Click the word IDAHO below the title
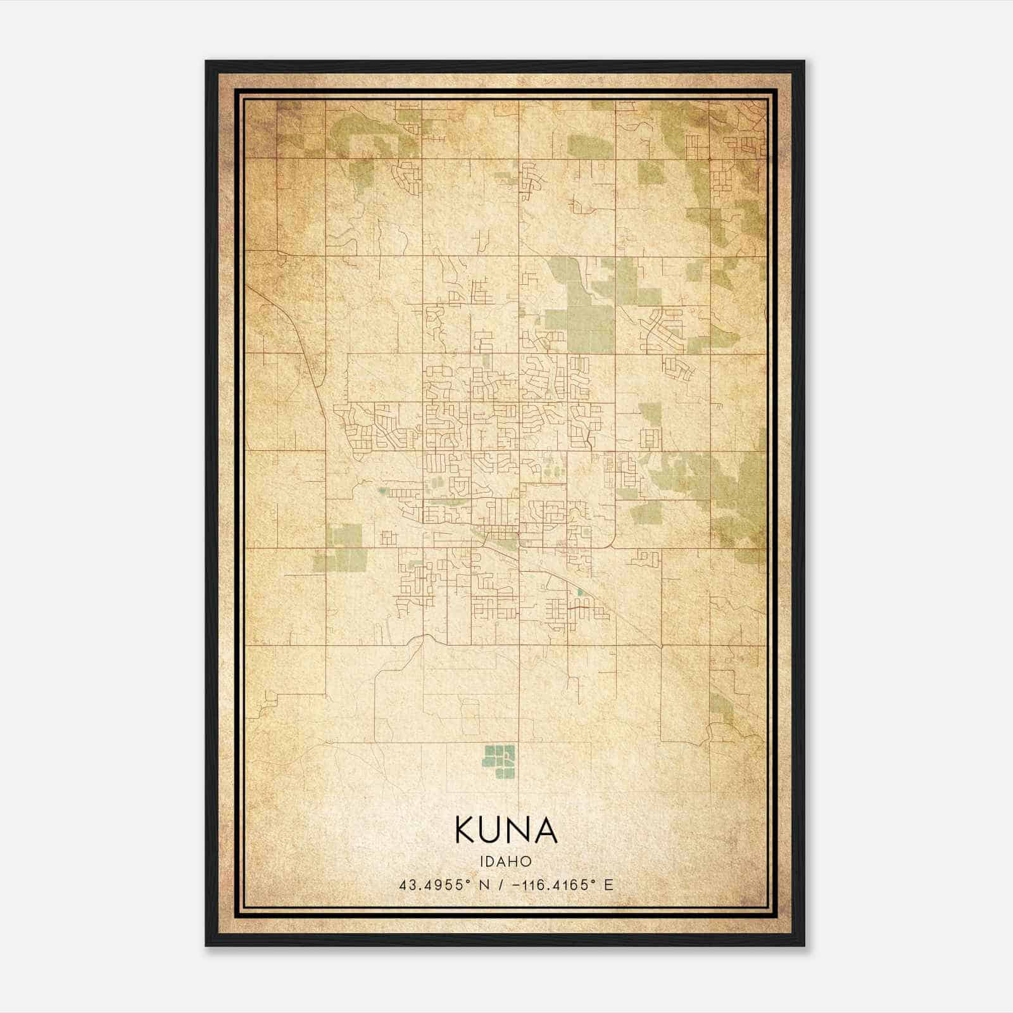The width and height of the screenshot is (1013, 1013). [506, 861]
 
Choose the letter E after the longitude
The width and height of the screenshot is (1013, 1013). [608, 885]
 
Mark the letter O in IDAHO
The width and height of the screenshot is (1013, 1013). [526, 861]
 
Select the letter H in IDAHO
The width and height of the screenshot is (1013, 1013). [515, 861]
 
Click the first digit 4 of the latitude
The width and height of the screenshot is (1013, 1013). [403, 885]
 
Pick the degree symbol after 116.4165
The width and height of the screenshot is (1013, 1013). [593, 881]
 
